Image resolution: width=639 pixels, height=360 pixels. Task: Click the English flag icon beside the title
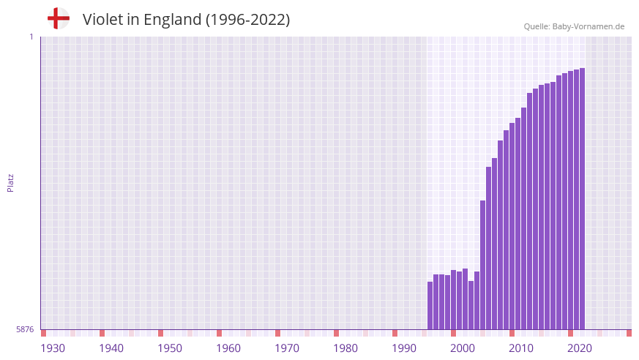pyautogui.click(x=59, y=18)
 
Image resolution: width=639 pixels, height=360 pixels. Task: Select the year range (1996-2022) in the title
pyautogui.click(x=247, y=20)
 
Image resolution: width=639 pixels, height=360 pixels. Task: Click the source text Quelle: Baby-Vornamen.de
pyautogui.click(x=574, y=26)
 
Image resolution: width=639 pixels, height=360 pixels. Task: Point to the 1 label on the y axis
pyautogui.click(x=31, y=37)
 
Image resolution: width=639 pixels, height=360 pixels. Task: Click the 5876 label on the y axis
pyautogui.click(x=25, y=330)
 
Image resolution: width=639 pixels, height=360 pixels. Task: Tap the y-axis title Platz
pyautogui.click(x=10, y=183)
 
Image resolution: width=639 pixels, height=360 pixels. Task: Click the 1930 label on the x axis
pyautogui.click(x=53, y=348)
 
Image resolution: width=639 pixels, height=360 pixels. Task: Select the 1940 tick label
pyautogui.click(x=111, y=348)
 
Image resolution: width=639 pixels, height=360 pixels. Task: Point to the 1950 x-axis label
pyautogui.click(x=170, y=348)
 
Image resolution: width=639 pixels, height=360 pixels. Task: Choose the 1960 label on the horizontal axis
pyautogui.click(x=228, y=348)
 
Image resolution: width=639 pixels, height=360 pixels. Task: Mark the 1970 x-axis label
pyautogui.click(x=287, y=348)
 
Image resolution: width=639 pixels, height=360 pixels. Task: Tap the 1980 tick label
pyautogui.click(x=345, y=348)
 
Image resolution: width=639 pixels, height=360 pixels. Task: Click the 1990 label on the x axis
pyautogui.click(x=404, y=348)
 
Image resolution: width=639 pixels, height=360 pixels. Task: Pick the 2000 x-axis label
pyautogui.click(x=463, y=348)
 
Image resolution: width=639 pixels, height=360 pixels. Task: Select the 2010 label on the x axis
pyautogui.click(x=521, y=348)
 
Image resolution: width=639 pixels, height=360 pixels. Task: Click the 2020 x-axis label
pyautogui.click(x=580, y=348)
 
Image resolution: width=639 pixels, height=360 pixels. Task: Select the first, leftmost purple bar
pyautogui.click(x=430, y=306)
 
